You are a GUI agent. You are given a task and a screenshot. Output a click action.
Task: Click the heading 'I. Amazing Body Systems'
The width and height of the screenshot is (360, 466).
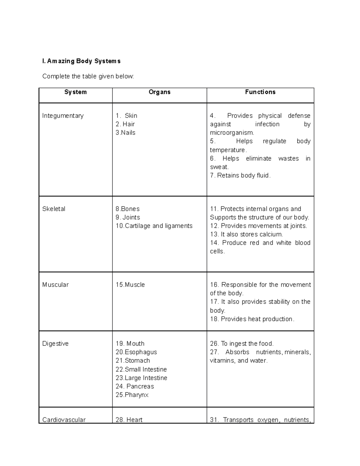[x=81, y=61]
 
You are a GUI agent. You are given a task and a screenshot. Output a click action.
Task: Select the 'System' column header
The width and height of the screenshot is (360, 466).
[x=75, y=92]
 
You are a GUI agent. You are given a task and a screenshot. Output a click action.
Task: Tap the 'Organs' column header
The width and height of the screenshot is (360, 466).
[x=159, y=92]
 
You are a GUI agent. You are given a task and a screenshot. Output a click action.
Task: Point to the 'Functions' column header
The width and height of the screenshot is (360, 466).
[x=260, y=92]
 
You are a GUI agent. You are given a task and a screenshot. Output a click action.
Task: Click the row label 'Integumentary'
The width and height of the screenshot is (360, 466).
[x=63, y=116]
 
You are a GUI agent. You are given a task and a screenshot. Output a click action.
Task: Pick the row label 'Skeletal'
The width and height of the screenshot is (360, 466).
[x=54, y=209]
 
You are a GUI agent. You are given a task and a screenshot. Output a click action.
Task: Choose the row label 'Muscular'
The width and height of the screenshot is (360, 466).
[x=55, y=285]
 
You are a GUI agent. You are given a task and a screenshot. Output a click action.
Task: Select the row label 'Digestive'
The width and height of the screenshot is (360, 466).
[x=55, y=344]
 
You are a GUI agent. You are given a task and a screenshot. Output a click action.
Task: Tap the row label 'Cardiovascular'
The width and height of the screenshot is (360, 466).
[x=64, y=420]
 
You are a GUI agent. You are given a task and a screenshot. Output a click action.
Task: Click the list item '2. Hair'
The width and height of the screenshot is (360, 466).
[x=125, y=124]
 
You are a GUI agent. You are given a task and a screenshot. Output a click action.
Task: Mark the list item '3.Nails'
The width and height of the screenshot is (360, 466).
[x=125, y=133]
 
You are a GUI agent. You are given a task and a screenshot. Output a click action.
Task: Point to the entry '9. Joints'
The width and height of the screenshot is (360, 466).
[x=128, y=217]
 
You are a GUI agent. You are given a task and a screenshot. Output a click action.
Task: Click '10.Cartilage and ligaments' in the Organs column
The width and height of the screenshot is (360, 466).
[x=154, y=226]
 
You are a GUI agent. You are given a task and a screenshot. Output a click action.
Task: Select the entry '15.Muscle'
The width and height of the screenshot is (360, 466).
[x=130, y=285]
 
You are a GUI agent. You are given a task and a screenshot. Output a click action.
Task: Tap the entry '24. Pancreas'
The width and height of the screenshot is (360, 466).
[x=135, y=386]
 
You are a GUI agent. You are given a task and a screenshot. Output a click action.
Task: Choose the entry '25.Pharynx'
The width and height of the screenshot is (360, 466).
[x=132, y=395]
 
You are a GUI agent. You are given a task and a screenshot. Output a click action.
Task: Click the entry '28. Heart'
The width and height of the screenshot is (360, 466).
[x=129, y=420]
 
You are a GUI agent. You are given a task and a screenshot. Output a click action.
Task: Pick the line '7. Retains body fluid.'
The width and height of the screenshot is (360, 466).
[x=240, y=176]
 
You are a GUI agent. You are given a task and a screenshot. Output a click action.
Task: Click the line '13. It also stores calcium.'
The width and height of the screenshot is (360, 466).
[x=246, y=234]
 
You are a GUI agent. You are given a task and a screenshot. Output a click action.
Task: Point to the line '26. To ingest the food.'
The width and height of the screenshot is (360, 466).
[x=242, y=344]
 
